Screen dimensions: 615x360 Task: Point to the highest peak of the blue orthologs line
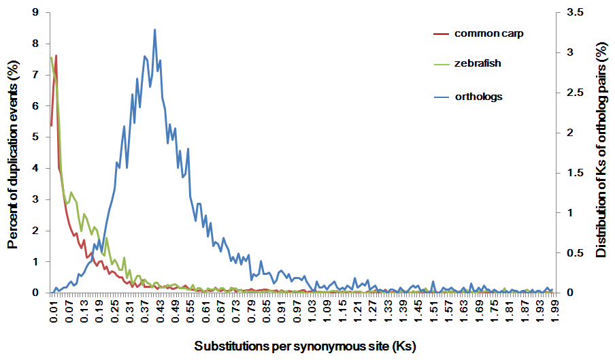click(155, 29)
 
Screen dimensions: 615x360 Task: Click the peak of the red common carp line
click(56, 55)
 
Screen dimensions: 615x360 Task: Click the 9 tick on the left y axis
click(35, 12)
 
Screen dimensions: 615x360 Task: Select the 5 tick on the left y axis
click(35, 137)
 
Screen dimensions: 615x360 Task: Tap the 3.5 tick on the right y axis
click(575, 12)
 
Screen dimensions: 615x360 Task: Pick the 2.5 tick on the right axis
click(575, 93)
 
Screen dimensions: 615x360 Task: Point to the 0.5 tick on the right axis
click(575, 252)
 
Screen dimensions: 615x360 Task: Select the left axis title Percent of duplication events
click(13, 154)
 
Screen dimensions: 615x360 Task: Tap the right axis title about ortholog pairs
click(601, 151)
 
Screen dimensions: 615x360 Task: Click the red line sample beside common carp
click(441, 34)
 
